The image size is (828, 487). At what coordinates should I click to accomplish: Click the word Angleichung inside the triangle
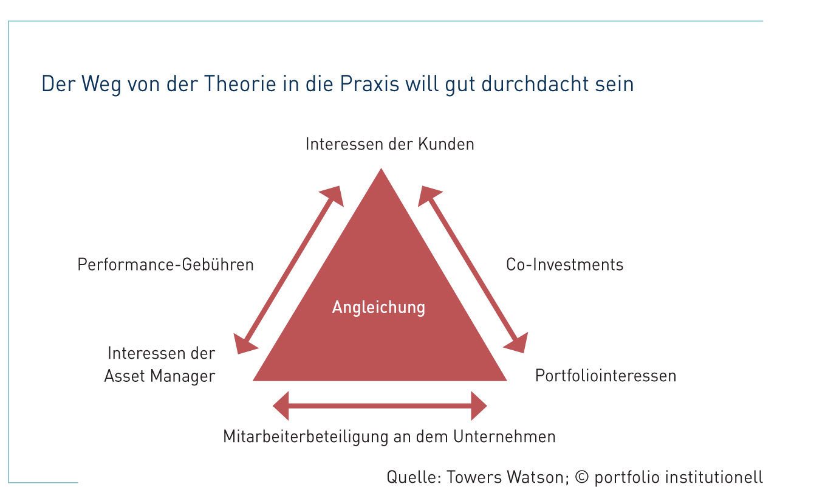point(378,308)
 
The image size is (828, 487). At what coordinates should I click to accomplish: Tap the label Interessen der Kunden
point(389,144)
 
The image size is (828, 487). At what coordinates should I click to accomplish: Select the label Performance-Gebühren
point(166,265)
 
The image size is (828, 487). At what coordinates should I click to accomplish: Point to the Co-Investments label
point(564,265)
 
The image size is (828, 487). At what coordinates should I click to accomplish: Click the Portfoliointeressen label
point(606,376)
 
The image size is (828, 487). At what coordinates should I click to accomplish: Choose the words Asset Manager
point(160,376)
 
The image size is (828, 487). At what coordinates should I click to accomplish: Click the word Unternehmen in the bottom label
point(505,437)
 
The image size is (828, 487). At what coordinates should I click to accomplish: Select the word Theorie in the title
point(240,84)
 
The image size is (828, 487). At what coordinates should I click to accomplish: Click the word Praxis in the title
point(369,84)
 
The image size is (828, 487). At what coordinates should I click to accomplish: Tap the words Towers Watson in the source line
point(507,477)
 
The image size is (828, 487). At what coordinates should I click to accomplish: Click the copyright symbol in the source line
point(582,477)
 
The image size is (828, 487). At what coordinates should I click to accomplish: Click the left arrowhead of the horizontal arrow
point(281,406)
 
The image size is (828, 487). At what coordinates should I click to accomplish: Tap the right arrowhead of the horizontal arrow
point(479,406)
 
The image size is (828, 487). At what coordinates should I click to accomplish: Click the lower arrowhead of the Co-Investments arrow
point(517,344)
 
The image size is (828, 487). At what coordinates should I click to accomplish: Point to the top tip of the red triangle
point(381,168)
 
